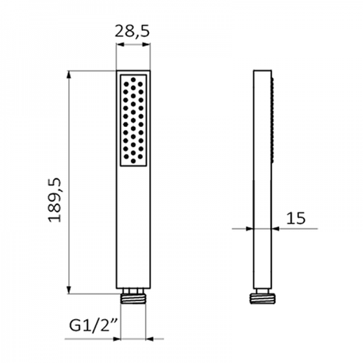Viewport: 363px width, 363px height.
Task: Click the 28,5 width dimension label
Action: [132, 32]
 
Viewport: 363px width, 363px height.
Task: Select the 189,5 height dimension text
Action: [54, 200]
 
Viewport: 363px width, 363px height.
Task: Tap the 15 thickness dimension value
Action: [296, 219]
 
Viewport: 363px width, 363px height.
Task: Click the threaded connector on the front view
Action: [133, 299]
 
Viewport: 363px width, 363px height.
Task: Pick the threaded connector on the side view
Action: [262, 299]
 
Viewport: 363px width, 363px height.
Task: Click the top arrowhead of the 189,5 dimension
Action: [69, 75]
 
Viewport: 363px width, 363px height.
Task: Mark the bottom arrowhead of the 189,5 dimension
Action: [69, 290]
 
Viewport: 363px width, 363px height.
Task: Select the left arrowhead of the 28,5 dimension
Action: [120, 45]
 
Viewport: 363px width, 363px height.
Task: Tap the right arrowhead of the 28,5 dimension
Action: [146, 45]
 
